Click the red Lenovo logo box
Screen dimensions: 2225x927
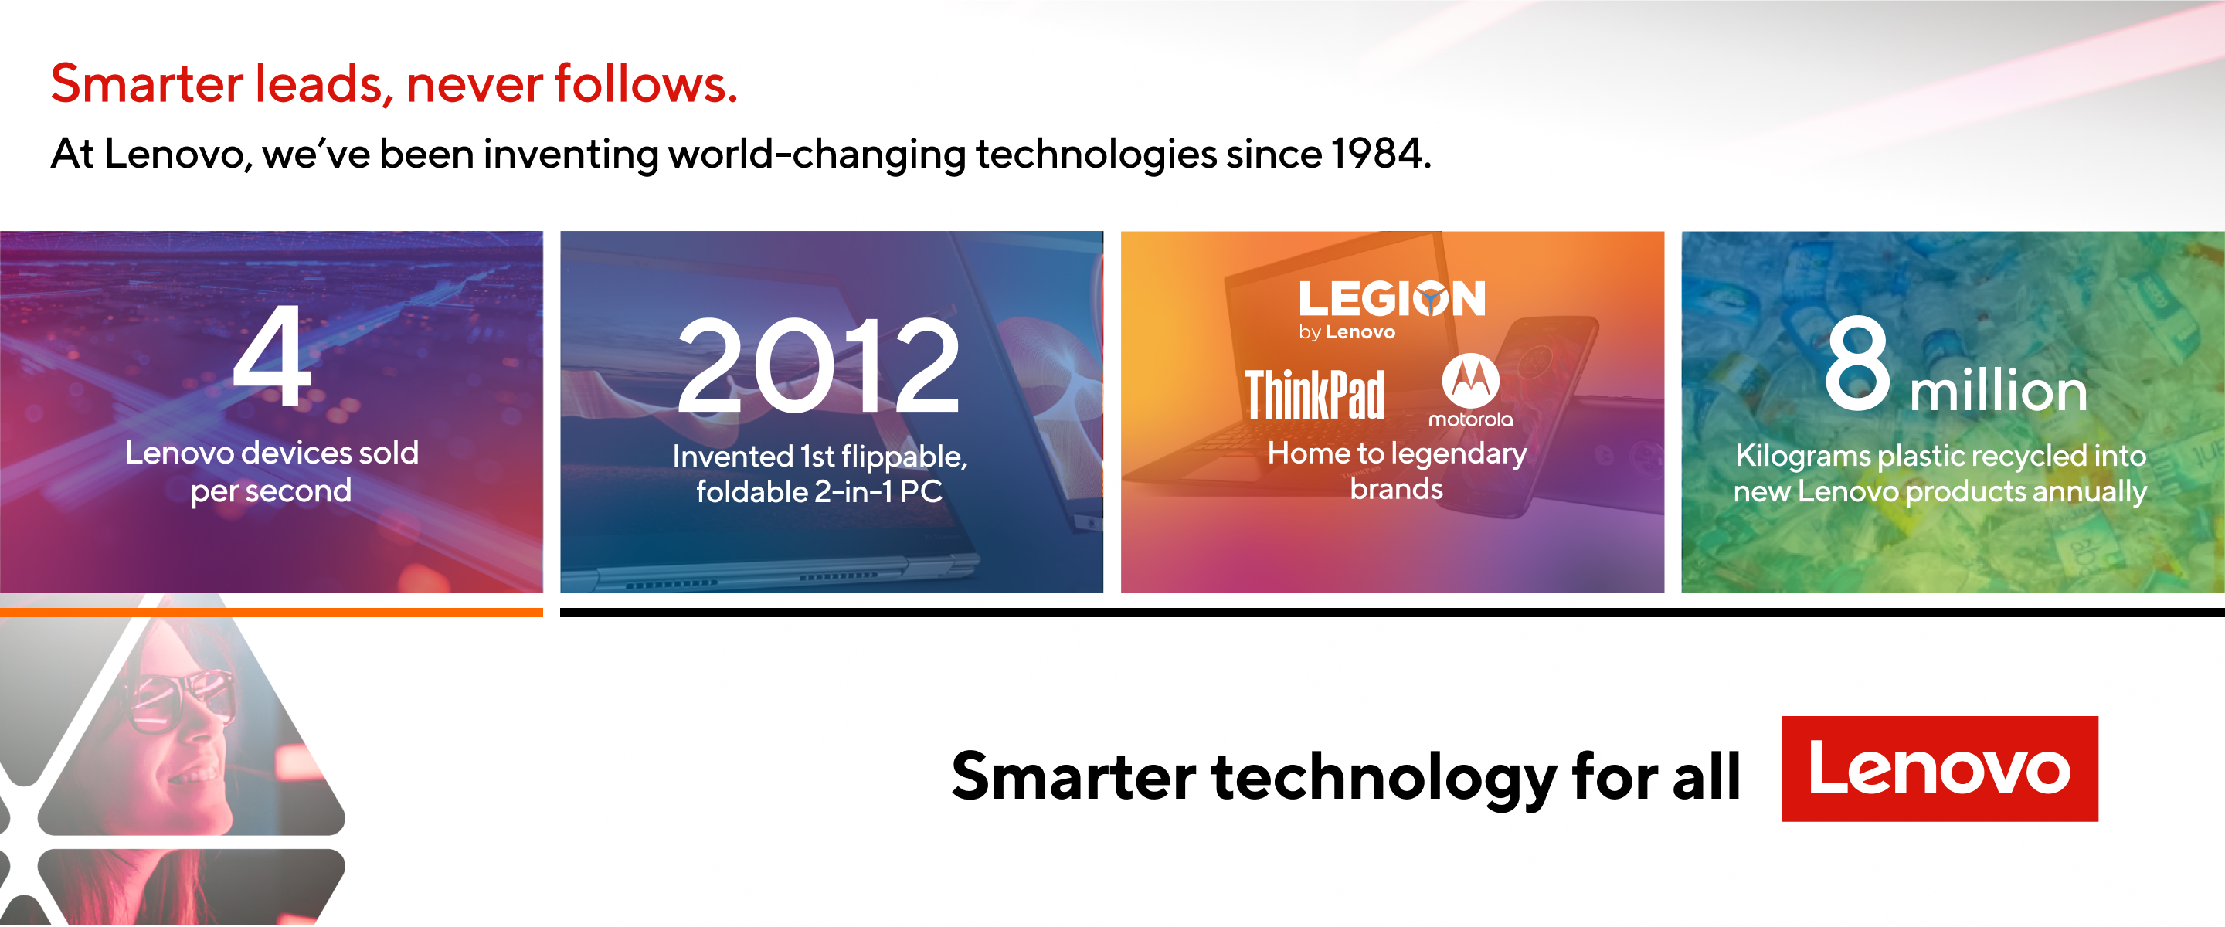[x=1939, y=768]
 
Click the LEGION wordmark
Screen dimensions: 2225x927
[x=1391, y=299]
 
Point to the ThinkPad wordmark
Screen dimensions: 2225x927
[x=1313, y=395]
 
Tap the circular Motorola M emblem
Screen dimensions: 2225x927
[x=1470, y=380]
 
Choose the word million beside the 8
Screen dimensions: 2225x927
[x=1999, y=390]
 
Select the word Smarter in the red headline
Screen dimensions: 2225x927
[x=147, y=85]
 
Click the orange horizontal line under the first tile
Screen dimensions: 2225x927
[x=271, y=613]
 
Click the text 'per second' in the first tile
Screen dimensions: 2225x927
[x=271, y=491]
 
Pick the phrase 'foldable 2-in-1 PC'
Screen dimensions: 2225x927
[x=819, y=491]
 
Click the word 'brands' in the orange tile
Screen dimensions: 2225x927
[x=1396, y=489]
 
